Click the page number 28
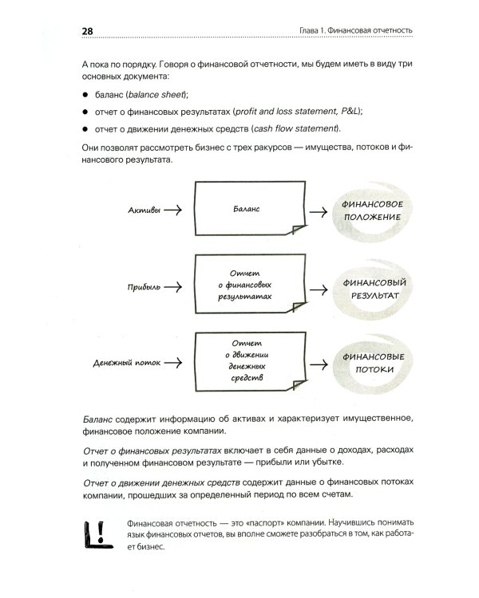click(x=88, y=31)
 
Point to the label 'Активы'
click(x=144, y=210)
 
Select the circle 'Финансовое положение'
click(x=372, y=210)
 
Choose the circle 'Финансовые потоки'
click(x=372, y=364)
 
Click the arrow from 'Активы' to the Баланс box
click(x=176, y=210)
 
